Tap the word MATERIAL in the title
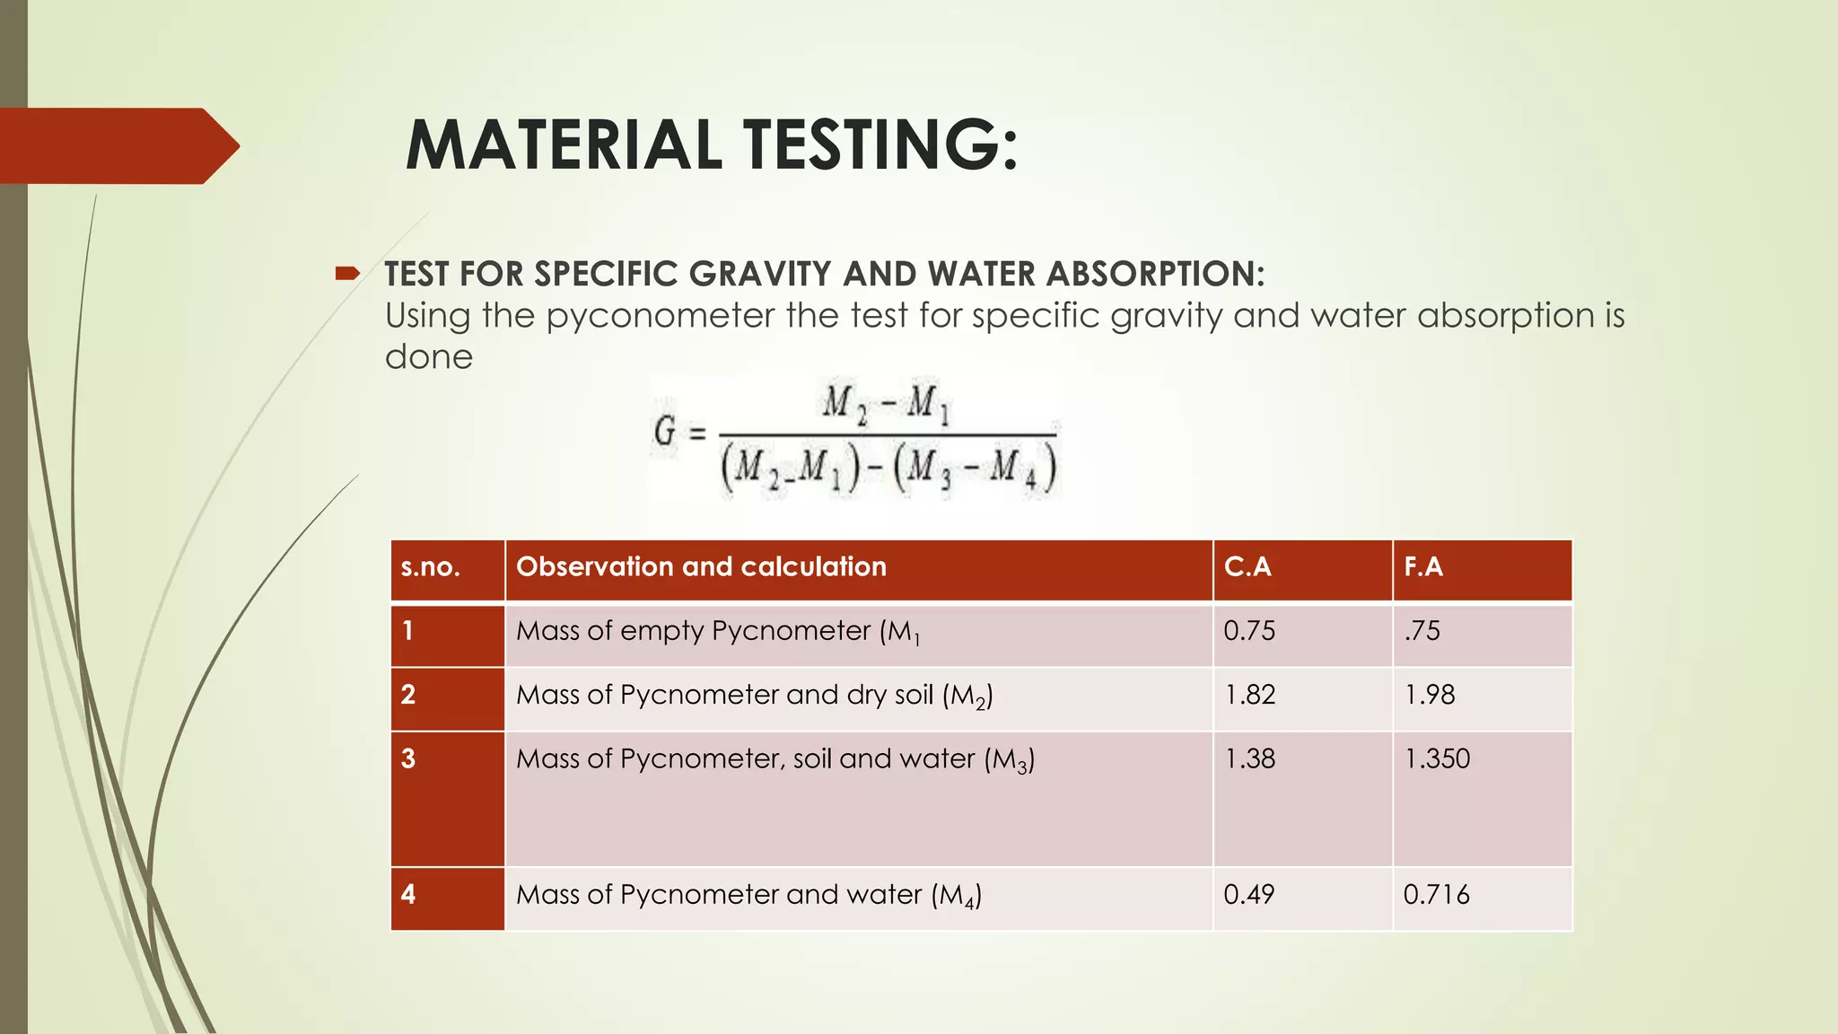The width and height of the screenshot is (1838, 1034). (x=564, y=145)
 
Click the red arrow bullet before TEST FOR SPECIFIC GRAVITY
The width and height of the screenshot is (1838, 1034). (x=347, y=273)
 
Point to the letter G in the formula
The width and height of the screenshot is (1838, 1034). (x=665, y=433)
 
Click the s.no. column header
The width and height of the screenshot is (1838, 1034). (x=430, y=567)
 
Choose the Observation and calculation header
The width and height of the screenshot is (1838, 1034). (x=701, y=567)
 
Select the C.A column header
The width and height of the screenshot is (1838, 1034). (x=1247, y=567)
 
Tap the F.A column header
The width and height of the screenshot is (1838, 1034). (x=1423, y=567)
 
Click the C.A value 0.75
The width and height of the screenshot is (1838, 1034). (x=1249, y=631)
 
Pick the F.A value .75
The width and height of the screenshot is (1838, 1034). (x=1422, y=631)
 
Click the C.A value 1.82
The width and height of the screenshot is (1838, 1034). (x=1249, y=695)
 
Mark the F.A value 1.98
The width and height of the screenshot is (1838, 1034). (x=1430, y=695)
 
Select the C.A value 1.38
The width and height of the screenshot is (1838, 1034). (x=1249, y=759)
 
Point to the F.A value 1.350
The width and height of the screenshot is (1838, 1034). (x=1437, y=759)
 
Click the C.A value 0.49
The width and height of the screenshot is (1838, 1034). (x=1249, y=895)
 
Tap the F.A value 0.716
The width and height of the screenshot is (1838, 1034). (x=1436, y=895)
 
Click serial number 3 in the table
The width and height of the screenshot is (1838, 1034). (x=408, y=759)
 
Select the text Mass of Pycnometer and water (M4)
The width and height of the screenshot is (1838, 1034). (x=748, y=895)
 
